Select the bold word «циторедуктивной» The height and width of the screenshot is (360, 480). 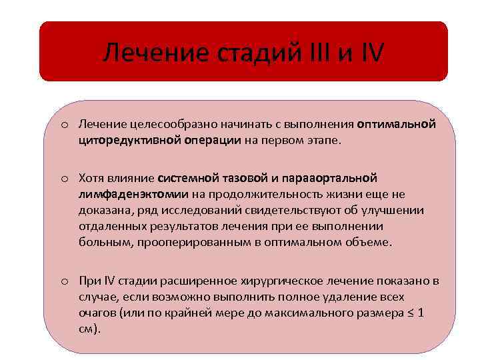tap(124, 140)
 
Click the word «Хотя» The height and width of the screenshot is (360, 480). tap(93, 178)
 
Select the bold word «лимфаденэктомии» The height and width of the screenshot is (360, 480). tap(133, 194)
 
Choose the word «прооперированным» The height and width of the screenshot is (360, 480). tap(191, 242)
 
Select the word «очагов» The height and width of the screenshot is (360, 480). tap(97, 312)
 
